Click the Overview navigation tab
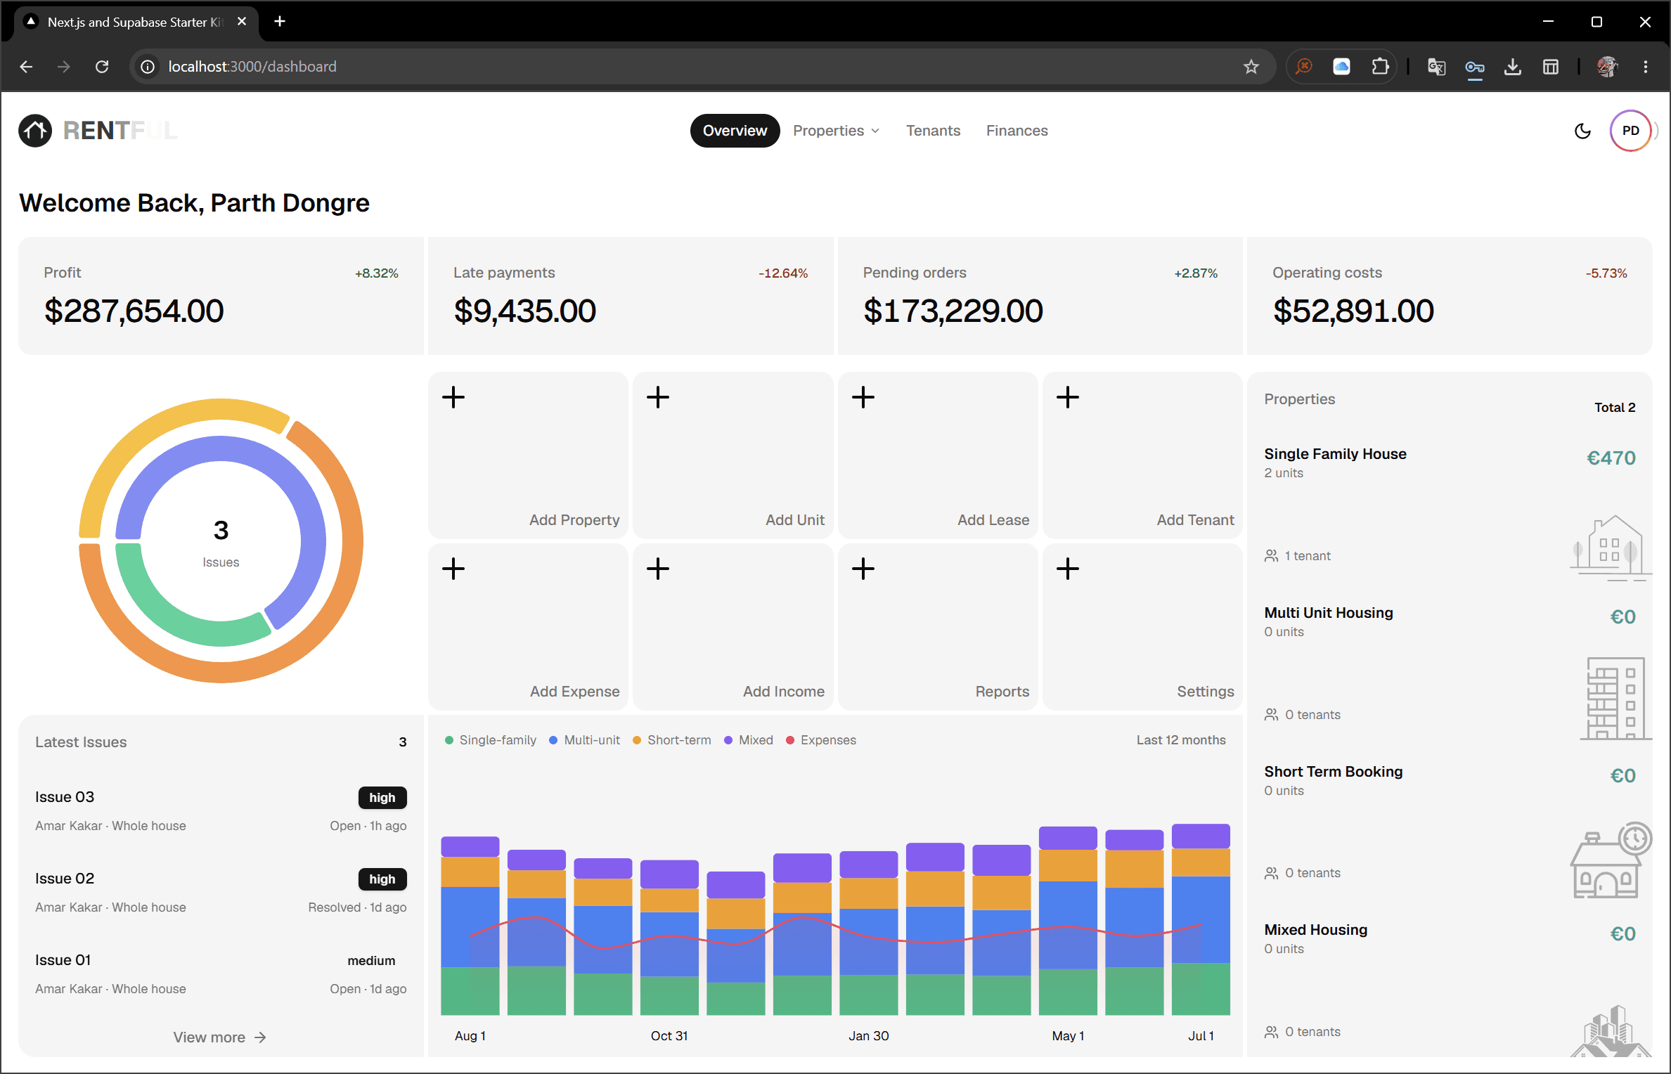(735, 131)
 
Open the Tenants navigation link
(933, 131)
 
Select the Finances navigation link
(1017, 131)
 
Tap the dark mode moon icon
(1582, 131)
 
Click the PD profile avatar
(1630, 131)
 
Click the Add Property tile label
(574, 520)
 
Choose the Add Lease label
(993, 520)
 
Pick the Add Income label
(784, 692)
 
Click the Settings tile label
(1206, 692)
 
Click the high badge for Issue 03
(382, 798)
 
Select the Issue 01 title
(63, 960)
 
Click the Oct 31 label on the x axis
(669, 1036)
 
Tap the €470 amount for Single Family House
(1611, 458)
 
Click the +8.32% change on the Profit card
(377, 273)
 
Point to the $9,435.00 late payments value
(525, 311)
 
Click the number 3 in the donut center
(221, 531)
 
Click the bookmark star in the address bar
(1251, 67)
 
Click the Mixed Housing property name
(1316, 930)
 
